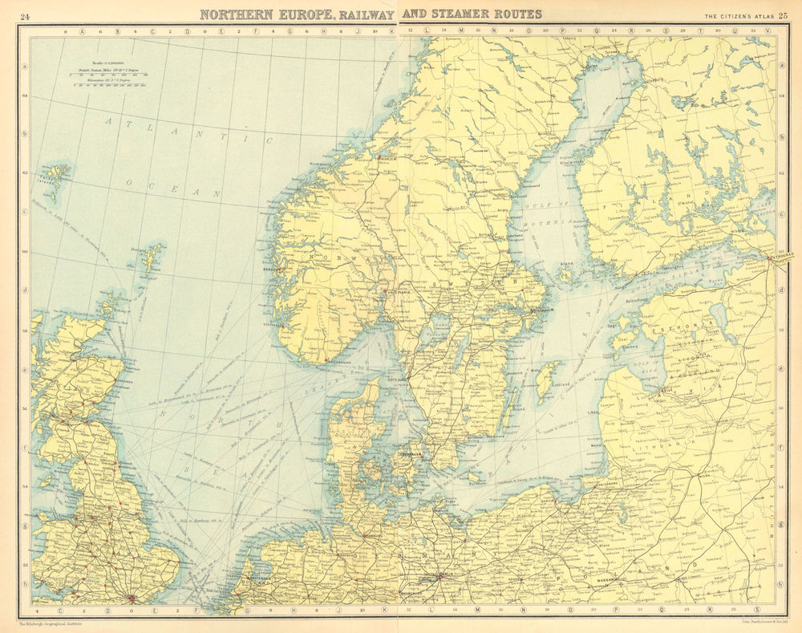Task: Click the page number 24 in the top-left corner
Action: [x=26, y=15]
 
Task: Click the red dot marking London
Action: [x=131, y=598]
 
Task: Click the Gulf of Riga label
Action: [x=638, y=366]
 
